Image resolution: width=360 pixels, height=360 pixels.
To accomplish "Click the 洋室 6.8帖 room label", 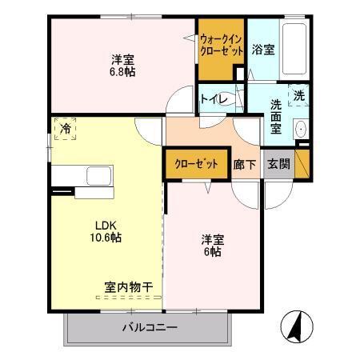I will click(122, 64).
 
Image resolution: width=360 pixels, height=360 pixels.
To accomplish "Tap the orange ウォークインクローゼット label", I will click(221, 44).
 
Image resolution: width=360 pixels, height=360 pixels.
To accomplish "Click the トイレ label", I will click(212, 99).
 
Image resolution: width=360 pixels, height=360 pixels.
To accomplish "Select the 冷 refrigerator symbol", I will click(63, 128).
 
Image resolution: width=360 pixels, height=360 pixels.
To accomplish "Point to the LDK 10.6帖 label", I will click(104, 231).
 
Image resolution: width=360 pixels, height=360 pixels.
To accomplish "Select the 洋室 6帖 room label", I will click(211, 245).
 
